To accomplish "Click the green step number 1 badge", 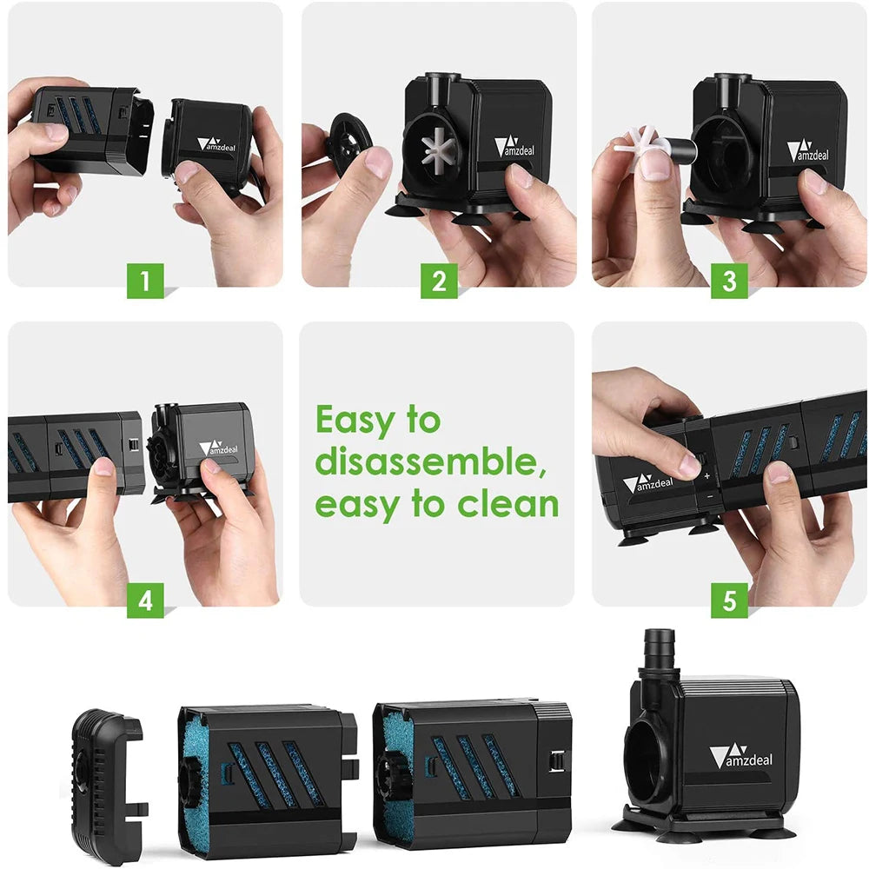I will pos(145,282).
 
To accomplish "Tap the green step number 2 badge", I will pos(439,282).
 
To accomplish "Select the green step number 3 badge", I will pos(729,282).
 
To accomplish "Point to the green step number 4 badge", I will pos(145,600).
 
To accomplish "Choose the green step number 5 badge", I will pos(729,600).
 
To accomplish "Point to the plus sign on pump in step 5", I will pos(706,475).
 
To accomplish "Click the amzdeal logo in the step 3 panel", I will pos(810,151).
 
